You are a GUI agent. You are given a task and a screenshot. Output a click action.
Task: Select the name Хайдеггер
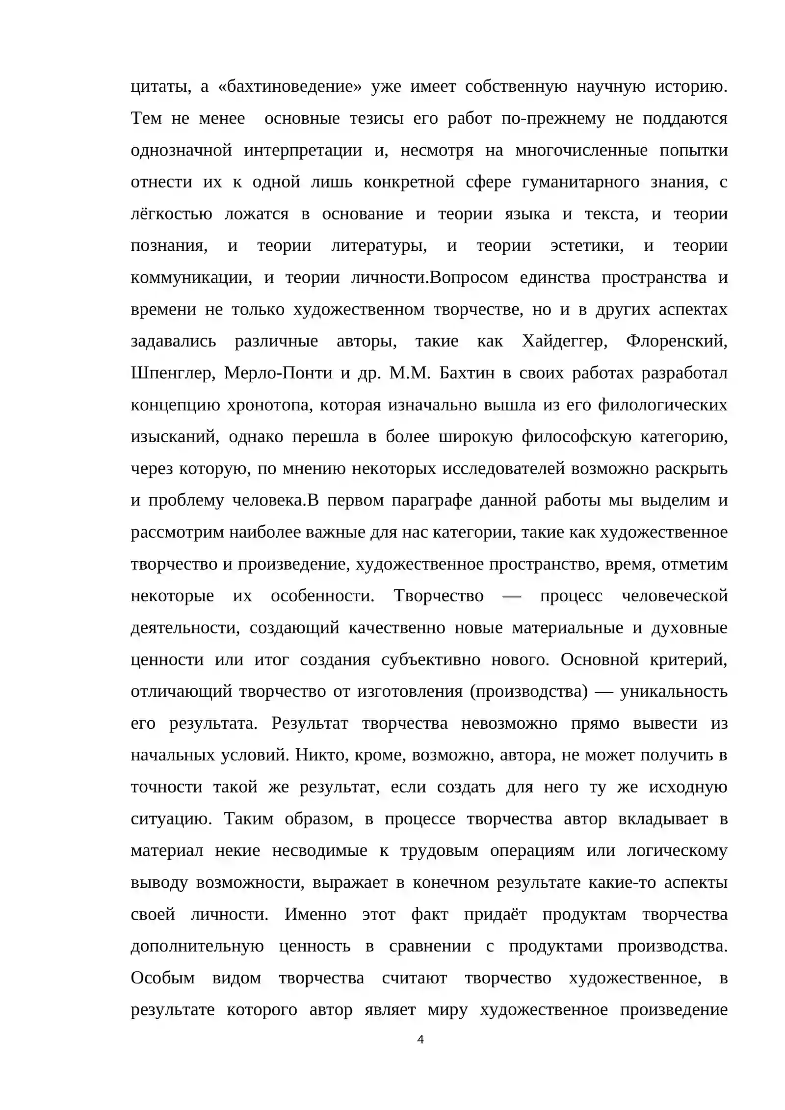pyautogui.click(x=564, y=341)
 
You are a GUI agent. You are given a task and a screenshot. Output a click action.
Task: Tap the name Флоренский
pyautogui.click(x=677, y=341)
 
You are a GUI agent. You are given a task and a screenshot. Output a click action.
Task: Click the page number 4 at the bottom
pyautogui.click(x=420, y=1039)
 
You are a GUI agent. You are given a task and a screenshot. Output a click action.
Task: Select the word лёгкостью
pyautogui.click(x=171, y=214)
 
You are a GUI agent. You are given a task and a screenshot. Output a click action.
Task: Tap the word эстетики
pyautogui.click(x=587, y=246)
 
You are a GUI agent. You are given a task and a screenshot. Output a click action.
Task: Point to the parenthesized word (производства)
pyautogui.click(x=528, y=691)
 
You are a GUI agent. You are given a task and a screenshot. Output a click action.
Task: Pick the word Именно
pyautogui.click(x=315, y=915)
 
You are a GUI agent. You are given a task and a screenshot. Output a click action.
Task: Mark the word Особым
pyautogui.click(x=162, y=978)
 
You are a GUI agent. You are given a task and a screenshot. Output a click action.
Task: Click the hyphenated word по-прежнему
pyautogui.click(x=553, y=119)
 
